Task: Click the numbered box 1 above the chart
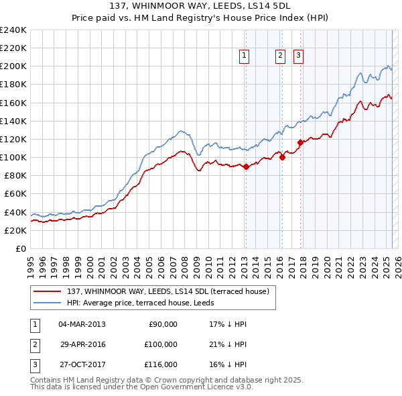(245, 56)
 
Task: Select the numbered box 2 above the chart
(280, 56)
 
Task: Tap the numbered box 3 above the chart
(297, 56)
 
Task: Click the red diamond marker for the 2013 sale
(246, 166)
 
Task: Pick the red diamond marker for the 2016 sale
(283, 158)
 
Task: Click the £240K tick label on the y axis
(13, 30)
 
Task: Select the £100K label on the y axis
(13, 157)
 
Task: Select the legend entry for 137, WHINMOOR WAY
(167, 291)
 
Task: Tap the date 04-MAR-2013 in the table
(82, 324)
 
